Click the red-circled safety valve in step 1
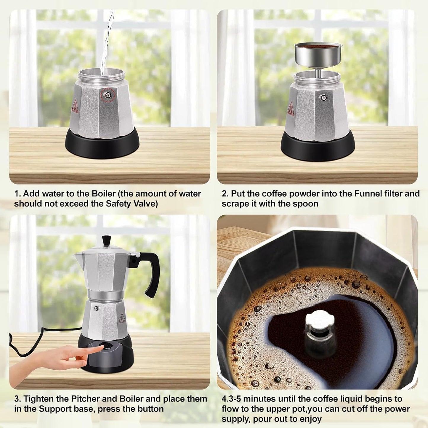pos(107,95)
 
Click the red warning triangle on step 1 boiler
pos(75,106)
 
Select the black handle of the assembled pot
pos(151,272)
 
